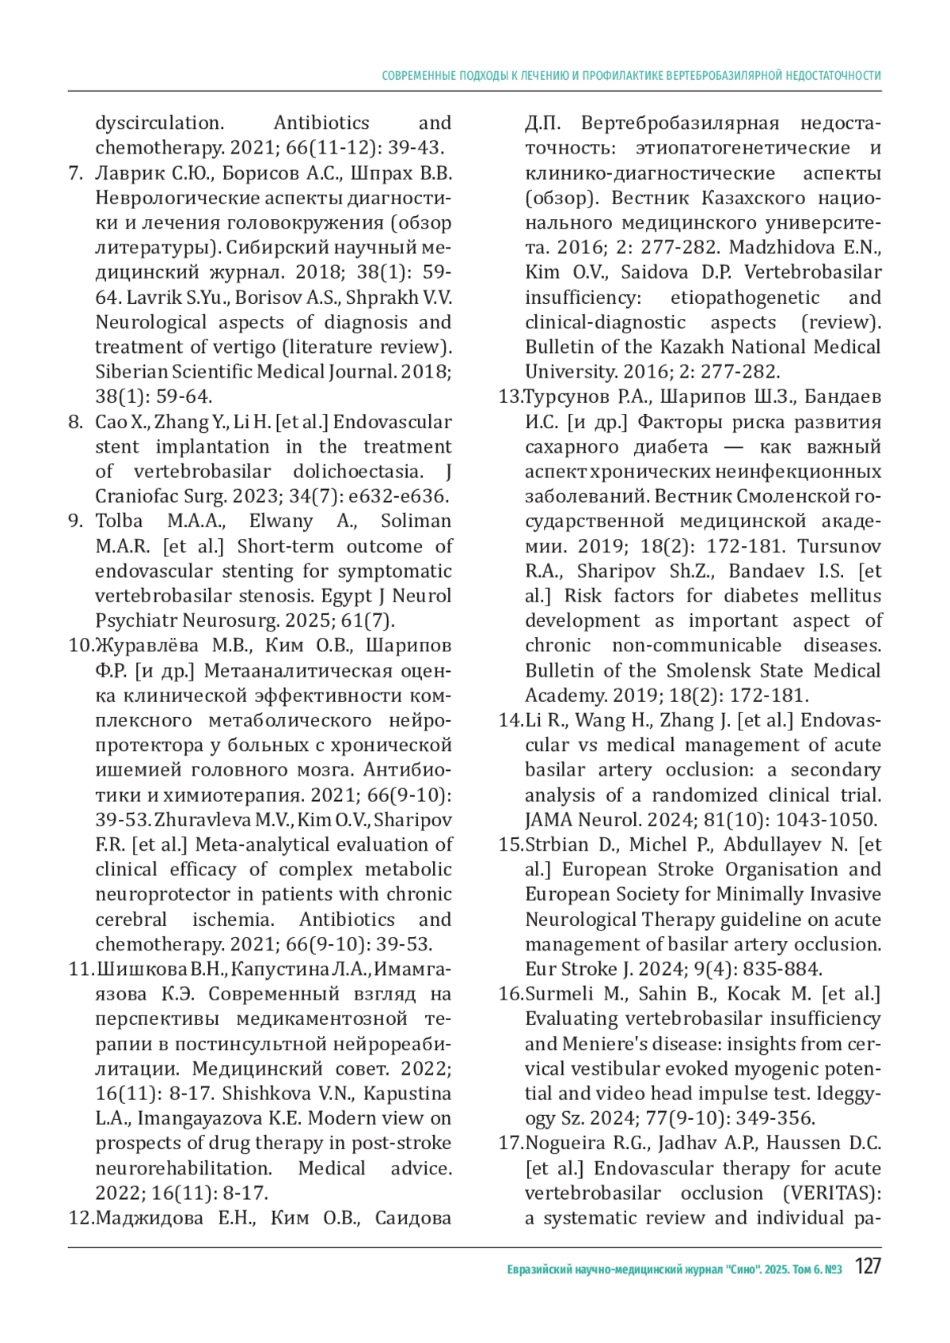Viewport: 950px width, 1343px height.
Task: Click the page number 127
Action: (868, 1267)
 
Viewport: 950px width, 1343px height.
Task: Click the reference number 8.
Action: (75, 422)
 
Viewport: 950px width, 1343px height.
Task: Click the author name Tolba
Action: (119, 522)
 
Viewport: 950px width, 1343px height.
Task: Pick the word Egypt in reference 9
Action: (361, 596)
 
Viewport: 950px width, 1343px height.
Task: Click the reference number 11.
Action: (81, 969)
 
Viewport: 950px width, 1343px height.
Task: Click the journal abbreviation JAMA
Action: (549, 821)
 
